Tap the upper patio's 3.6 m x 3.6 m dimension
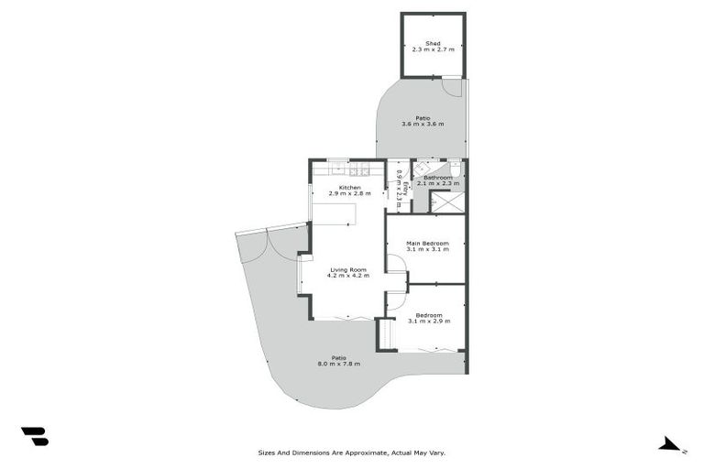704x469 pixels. (x=423, y=125)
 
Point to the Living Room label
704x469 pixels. (x=348, y=269)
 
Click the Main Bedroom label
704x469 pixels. (x=427, y=243)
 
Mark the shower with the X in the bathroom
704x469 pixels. (x=447, y=202)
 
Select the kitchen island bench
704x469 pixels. (x=334, y=213)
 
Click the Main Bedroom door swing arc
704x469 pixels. (x=396, y=265)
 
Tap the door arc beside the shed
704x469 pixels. (x=452, y=87)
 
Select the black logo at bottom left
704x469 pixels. (x=34, y=436)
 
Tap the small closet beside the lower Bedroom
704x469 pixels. (x=385, y=333)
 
